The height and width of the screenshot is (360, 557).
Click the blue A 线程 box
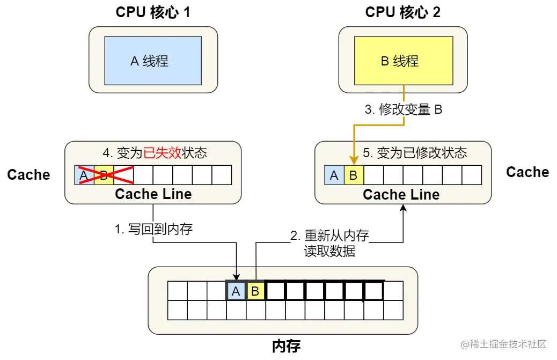[153, 61]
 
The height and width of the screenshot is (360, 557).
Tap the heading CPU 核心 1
[153, 12]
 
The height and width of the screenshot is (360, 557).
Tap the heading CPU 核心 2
[403, 12]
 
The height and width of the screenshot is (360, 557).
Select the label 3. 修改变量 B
[404, 110]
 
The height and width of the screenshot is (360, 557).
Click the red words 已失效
[163, 153]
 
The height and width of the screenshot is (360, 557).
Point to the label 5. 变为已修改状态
[414, 153]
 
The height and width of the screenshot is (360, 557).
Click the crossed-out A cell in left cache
[84, 175]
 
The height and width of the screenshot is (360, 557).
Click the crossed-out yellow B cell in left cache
[104, 175]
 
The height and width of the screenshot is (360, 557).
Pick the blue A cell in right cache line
[334, 175]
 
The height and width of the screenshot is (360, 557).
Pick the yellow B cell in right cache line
[354, 175]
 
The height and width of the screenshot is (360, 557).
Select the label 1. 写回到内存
[153, 230]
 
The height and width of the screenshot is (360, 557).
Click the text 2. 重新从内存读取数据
[329, 243]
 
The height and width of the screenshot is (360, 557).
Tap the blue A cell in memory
[236, 291]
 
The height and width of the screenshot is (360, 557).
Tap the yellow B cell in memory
[256, 291]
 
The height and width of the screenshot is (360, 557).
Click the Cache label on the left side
[28, 174]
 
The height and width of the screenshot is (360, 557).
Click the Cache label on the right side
[527, 172]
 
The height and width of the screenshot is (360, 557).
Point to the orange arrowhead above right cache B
[354, 160]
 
